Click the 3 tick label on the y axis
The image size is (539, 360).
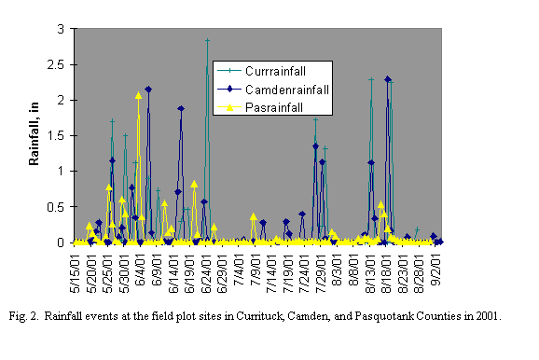[x=62, y=29]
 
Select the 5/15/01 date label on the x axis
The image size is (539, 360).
[x=78, y=271]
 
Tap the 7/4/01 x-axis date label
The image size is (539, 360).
[x=241, y=270]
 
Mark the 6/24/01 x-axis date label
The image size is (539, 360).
[x=208, y=271]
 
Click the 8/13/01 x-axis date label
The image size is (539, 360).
[x=372, y=271]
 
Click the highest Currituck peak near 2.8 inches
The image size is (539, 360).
[x=207, y=41]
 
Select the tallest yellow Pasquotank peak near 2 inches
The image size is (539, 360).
[x=138, y=95]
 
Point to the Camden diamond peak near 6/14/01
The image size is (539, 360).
[x=181, y=108]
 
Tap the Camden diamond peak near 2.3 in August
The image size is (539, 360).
[x=388, y=79]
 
